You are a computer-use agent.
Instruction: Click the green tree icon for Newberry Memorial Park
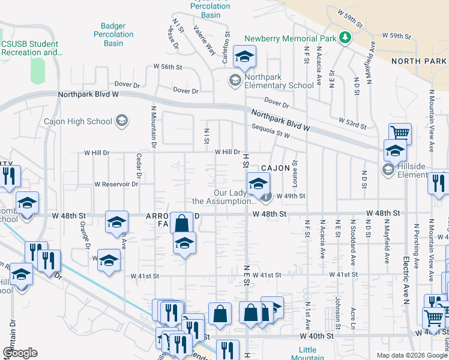tap(345, 38)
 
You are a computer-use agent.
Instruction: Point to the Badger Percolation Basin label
tap(113, 34)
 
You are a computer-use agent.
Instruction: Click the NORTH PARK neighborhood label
tap(419, 61)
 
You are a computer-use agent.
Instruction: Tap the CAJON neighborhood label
tap(274, 169)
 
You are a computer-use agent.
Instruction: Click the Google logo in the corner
tap(20, 353)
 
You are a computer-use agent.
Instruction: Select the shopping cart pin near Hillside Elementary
tap(400, 133)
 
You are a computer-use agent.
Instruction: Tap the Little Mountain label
tap(307, 353)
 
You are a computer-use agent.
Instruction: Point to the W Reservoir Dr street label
tap(116, 184)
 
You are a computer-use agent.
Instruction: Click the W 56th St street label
tap(167, 67)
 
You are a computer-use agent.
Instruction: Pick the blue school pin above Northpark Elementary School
tap(244, 56)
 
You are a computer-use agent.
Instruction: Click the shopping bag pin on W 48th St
tap(181, 223)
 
